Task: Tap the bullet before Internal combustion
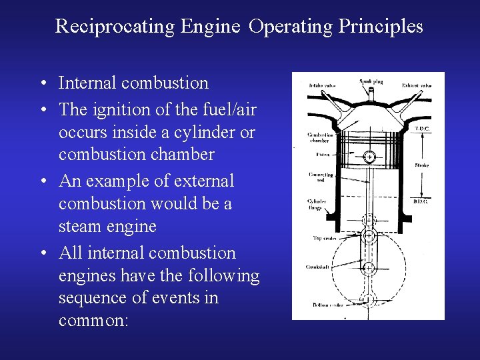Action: point(42,84)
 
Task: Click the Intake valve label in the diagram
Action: point(322,85)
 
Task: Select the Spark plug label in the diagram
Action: point(370,81)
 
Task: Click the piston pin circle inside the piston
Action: point(369,157)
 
